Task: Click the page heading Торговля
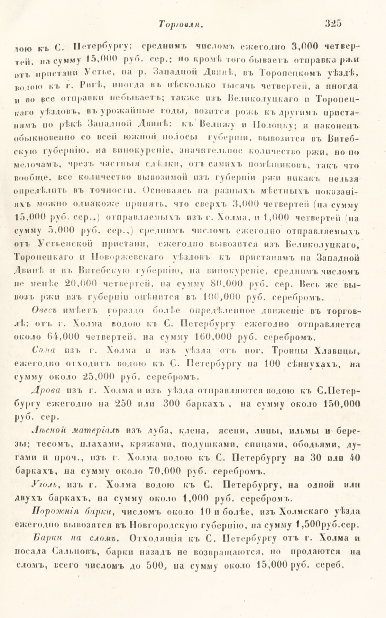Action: [180, 25]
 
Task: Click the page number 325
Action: [333, 23]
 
